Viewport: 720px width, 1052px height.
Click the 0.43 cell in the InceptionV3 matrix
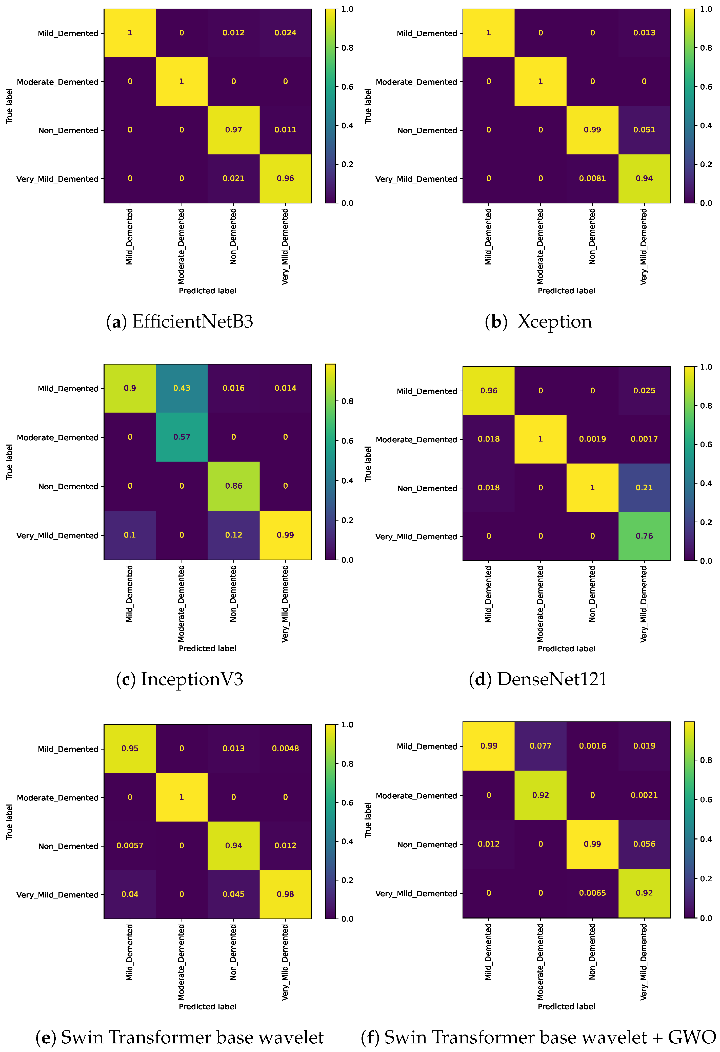click(182, 388)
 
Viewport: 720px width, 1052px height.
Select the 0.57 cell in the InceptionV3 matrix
click(182, 437)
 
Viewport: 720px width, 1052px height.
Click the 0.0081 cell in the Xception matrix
click(592, 178)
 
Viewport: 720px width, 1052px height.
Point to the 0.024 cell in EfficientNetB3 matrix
click(285, 33)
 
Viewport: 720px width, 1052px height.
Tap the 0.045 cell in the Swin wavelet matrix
click(233, 894)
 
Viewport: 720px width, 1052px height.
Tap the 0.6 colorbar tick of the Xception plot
click(706, 86)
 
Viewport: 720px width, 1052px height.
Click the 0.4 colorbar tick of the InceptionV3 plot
click(347, 480)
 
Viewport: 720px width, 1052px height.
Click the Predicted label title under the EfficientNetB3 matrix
click(207, 291)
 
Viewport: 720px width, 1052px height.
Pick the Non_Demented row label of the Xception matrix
click(427, 130)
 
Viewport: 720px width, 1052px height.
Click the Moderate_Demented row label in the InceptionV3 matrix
click(57, 437)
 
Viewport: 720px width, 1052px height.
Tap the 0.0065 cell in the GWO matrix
click(592, 893)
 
